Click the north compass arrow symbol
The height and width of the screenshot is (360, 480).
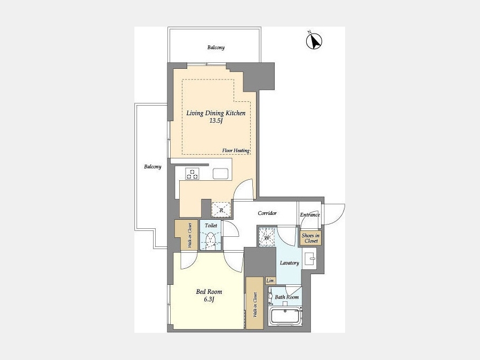point(314,41)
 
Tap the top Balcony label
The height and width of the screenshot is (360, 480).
point(216,47)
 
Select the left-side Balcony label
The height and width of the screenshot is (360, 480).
point(153,167)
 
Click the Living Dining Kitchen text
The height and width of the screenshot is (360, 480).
point(216,113)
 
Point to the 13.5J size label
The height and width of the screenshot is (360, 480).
point(215,121)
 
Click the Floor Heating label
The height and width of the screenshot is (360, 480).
point(236,150)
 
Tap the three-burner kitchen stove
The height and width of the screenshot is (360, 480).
point(193,173)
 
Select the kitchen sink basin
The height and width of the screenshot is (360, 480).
point(220,173)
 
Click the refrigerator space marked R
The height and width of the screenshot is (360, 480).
point(221,210)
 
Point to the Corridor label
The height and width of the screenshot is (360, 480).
point(267,213)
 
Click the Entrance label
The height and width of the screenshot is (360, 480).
point(310,214)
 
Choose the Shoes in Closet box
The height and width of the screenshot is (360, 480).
point(310,238)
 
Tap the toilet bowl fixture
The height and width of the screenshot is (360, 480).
point(211,239)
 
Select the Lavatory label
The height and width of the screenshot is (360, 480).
point(289,263)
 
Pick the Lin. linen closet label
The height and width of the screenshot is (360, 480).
point(270,281)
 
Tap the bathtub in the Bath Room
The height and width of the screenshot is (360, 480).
point(285,316)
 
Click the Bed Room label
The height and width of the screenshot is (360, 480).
point(209,292)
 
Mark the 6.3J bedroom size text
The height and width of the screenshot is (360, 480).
point(209,299)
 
